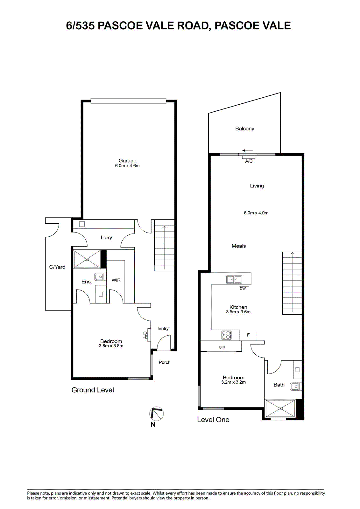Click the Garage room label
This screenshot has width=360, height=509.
click(x=127, y=161)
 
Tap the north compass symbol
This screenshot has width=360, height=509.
click(x=157, y=414)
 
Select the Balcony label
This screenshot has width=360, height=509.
click(x=245, y=129)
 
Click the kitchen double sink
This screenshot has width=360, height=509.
click(x=234, y=279)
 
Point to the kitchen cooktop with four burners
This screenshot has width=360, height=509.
click(x=227, y=335)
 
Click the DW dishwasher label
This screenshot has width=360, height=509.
click(x=243, y=289)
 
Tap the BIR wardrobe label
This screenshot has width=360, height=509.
click(x=222, y=347)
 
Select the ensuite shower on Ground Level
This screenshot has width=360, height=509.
click(x=87, y=259)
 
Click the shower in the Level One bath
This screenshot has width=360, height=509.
click(x=280, y=408)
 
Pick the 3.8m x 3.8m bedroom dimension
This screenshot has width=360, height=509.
click(x=111, y=346)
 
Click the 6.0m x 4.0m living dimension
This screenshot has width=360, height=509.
click(x=256, y=213)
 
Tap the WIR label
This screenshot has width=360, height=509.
click(x=116, y=280)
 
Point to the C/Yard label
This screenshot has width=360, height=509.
click(x=57, y=267)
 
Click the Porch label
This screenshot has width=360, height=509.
click(x=165, y=362)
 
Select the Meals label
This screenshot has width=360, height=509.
click(x=238, y=246)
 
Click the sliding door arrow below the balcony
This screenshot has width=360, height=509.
click(x=247, y=150)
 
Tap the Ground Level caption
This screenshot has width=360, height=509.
click(x=93, y=390)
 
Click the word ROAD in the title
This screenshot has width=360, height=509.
click(x=193, y=26)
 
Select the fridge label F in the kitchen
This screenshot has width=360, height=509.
click(x=248, y=335)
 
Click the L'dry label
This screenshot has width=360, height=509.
click(x=106, y=237)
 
